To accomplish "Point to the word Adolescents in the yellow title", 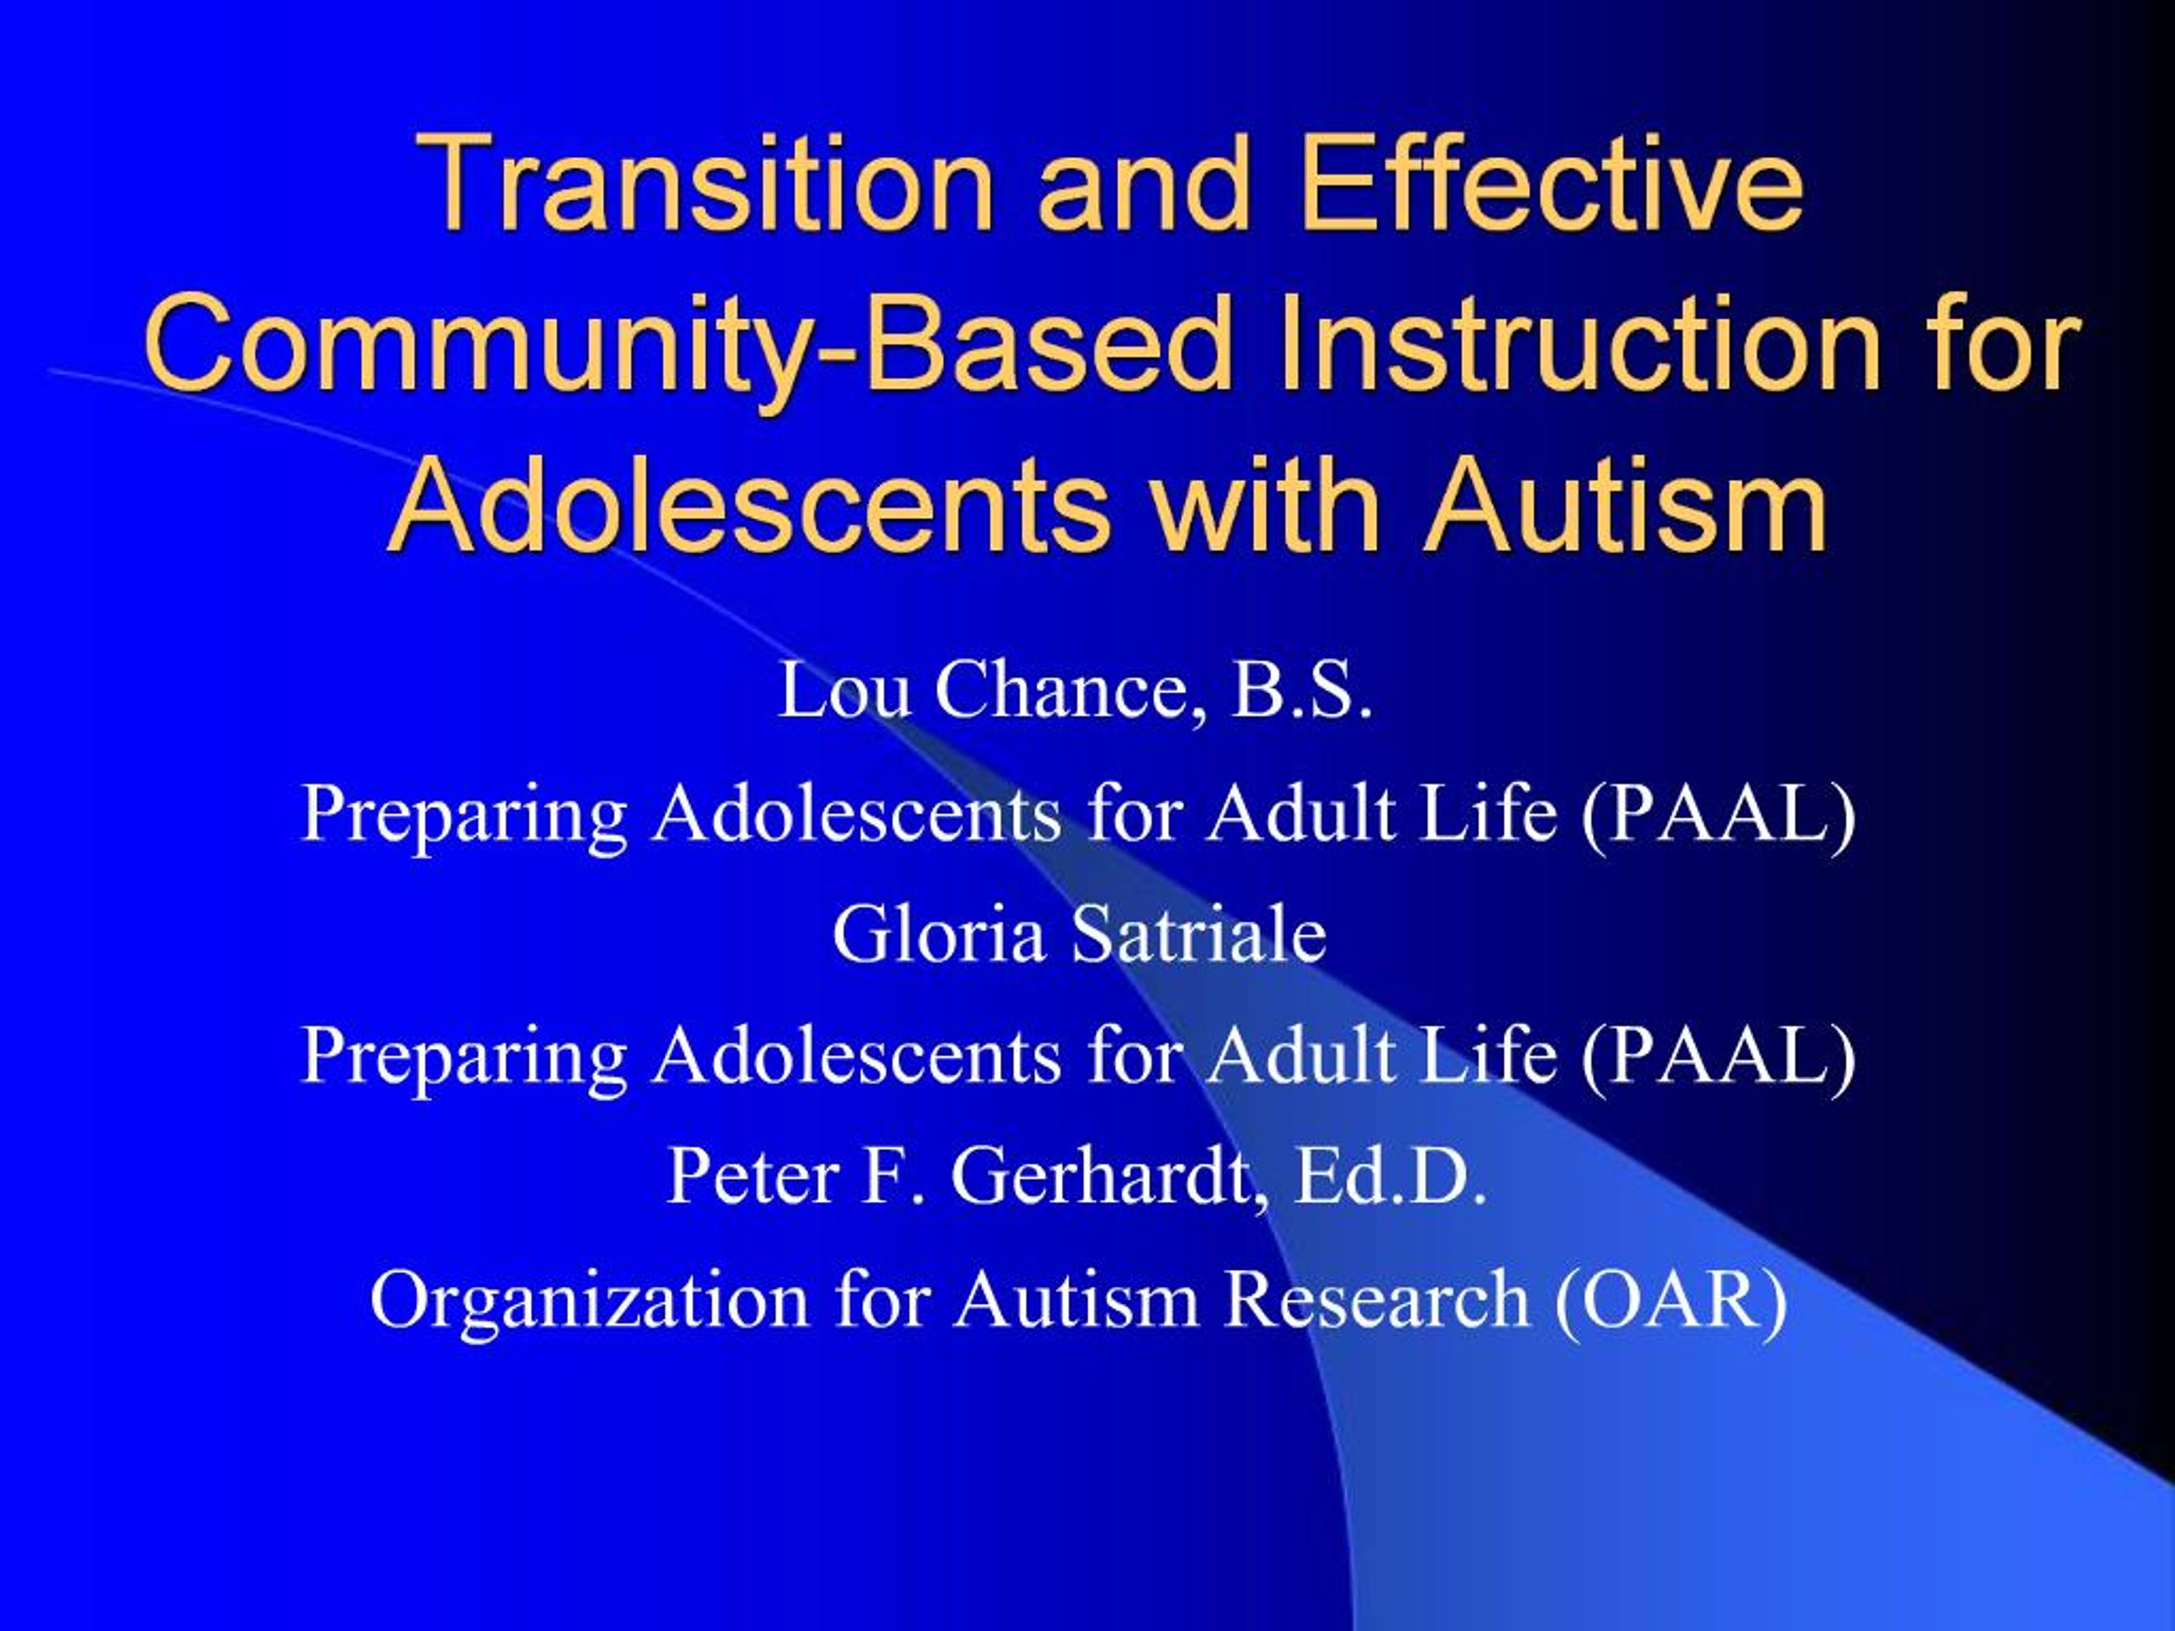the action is click(749, 505).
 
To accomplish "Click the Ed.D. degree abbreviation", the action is click(1389, 1177).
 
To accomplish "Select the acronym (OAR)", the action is click(1670, 1300).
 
